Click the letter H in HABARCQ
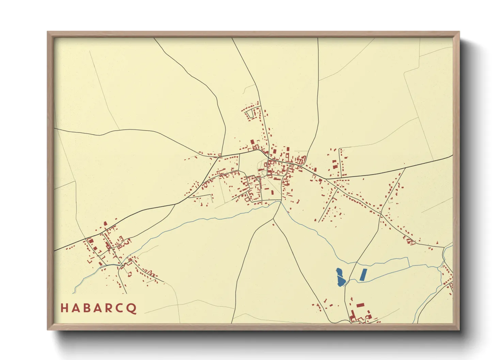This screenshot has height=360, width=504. click(64, 308)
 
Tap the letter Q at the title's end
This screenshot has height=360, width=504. click(131, 308)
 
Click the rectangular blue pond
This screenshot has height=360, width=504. click(363, 275)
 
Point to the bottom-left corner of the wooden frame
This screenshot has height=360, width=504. click(48, 329)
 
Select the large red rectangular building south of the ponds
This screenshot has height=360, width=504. click(360, 305)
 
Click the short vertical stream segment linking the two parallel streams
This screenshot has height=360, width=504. click(408, 262)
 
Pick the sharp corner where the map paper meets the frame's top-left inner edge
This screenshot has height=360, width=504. click(54, 38)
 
